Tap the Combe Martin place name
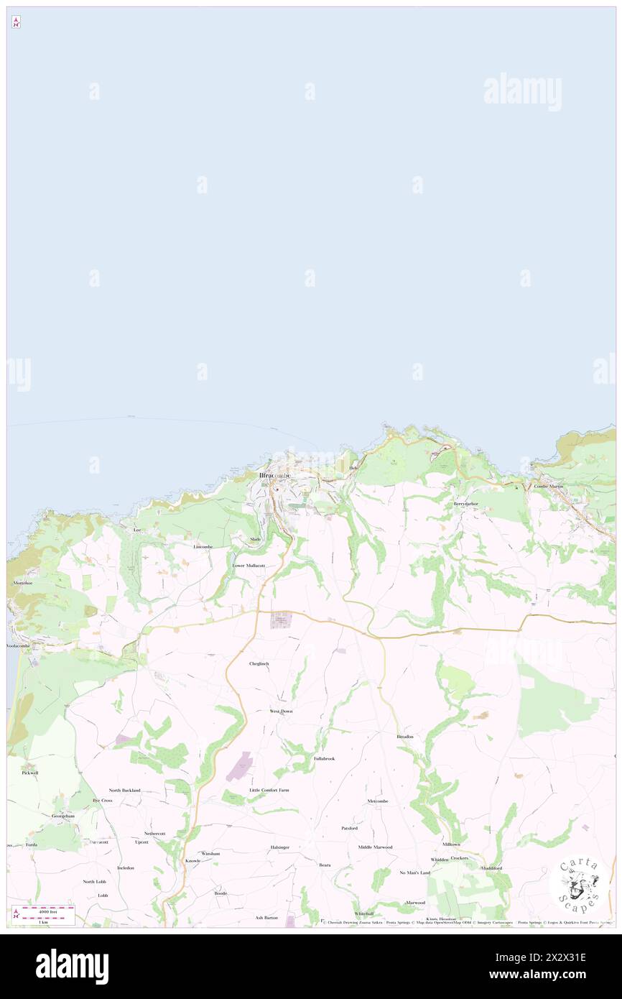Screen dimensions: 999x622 [549, 487]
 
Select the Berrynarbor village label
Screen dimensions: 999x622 [465, 504]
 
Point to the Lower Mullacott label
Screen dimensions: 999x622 [249, 566]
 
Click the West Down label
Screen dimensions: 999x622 [281, 711]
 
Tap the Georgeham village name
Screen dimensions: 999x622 [63, 816]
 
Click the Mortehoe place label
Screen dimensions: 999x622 [22, 583]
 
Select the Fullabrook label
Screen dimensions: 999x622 [324, 758]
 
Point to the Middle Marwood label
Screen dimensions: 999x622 [375, 847]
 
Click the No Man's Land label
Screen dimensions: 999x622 [414, 873]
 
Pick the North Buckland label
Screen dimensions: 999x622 [125, 790]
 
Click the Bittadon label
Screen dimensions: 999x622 [404, 737]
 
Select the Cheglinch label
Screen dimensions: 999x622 [259, 663]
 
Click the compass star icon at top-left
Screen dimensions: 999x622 [16, 22]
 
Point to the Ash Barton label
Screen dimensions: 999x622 [266, 917]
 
